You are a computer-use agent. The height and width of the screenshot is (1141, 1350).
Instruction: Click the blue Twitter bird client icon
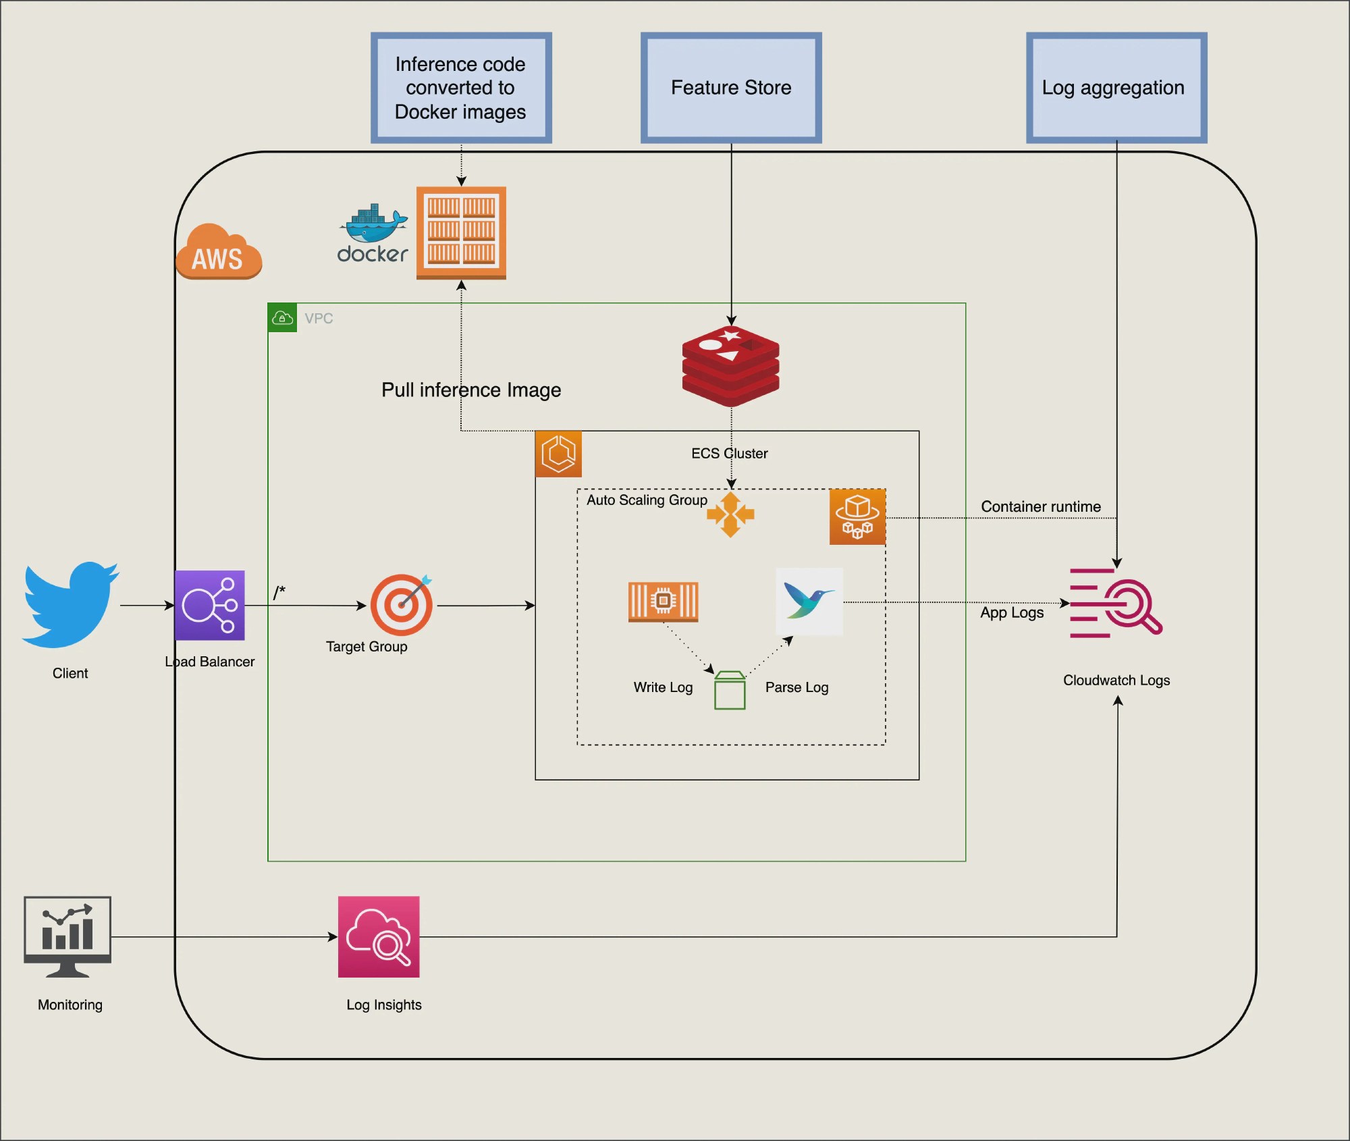click(70, 604)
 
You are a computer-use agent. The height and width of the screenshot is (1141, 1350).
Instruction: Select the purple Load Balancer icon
click(210, 605)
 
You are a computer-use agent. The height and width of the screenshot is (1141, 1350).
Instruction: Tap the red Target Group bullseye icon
click(402, 605)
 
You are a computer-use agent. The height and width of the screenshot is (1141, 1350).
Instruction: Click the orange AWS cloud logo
click(218, 253)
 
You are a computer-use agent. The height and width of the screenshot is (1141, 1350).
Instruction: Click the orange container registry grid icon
click(461, 232)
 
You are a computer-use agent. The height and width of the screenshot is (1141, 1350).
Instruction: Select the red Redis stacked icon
click(730, 365)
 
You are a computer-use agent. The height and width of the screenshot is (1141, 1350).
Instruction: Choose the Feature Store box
click(731, 88)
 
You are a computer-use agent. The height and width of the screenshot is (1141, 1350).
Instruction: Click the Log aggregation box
click(1116, 88)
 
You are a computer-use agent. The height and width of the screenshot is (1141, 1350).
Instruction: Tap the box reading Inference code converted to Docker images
click(461, 88)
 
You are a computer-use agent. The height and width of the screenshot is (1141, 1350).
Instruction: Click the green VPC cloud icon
click(282, 317)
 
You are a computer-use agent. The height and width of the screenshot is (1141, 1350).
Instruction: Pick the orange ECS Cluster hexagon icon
click(558, 454)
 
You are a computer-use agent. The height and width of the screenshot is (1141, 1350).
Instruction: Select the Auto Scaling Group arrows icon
click(730, 514)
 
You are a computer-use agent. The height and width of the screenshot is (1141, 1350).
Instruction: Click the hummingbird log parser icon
click(809, 601)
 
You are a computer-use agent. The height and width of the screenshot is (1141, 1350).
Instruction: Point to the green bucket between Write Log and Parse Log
click(730, 691)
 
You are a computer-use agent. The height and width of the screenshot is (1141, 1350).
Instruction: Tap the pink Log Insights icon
click(379, 936)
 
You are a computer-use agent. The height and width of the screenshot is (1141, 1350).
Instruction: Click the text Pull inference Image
click(471, 390)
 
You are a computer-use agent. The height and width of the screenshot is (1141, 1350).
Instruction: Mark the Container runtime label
click(1040, 506)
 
